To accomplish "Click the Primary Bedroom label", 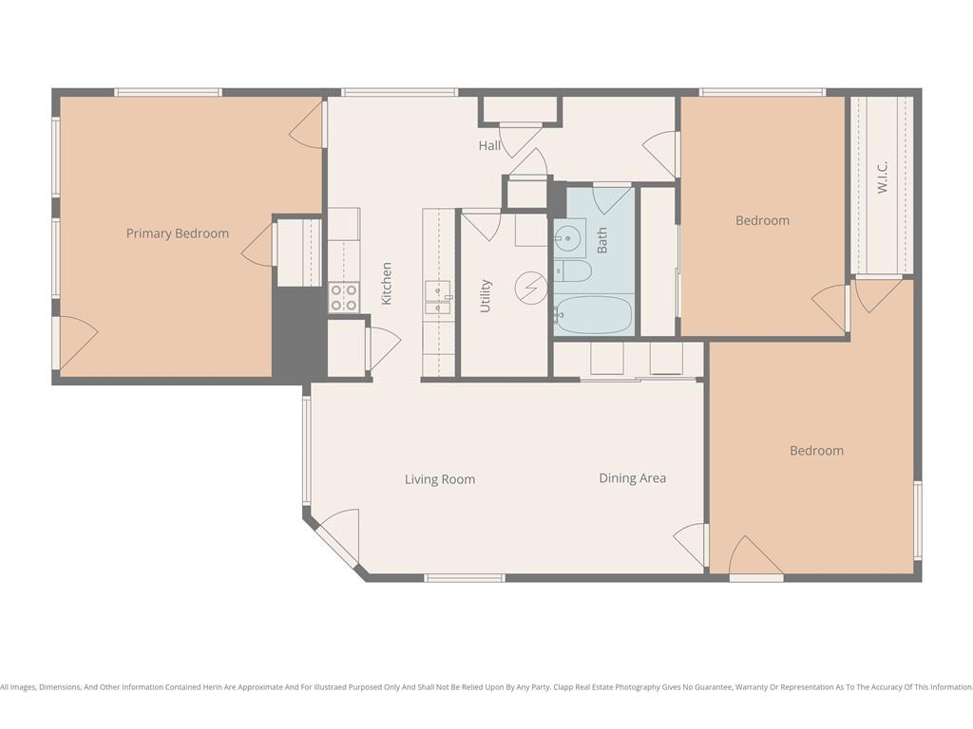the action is point(178,234).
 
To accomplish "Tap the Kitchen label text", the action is point(386,283).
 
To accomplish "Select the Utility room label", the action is point(486,296).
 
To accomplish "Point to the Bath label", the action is point(601,240).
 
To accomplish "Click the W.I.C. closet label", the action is point(883,177).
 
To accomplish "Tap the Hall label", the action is point(489,145).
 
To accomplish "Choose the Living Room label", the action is point(440,479).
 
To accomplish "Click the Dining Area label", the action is point(632,478).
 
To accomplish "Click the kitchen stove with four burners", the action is point(343,297).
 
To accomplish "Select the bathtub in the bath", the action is point(593,315).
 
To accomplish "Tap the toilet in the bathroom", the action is point(573,271).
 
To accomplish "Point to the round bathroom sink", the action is point(566,237).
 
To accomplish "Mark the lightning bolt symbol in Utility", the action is point(530,289).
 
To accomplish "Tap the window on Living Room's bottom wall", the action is point(465,578).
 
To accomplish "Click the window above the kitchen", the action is point(400,92).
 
